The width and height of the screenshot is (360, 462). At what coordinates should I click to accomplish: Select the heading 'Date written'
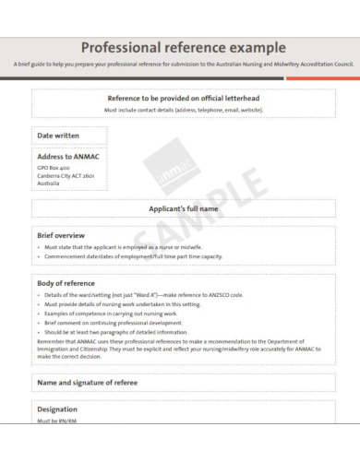58,136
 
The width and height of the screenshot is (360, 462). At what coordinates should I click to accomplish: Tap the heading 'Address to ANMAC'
67,157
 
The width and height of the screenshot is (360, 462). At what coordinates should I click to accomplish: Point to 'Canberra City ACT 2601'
66,175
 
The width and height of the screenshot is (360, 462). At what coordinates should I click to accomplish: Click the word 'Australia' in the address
48,183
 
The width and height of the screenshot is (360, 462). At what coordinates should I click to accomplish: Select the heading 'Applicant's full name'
184,209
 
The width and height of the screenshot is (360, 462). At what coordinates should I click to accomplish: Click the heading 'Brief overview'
61,236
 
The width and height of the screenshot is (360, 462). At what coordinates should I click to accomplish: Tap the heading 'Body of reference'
66,283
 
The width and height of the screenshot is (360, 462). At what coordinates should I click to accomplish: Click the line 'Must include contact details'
184,110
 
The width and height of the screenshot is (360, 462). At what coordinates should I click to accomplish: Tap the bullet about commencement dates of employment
134,256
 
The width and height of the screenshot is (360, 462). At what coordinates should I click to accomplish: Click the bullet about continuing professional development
115,323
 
